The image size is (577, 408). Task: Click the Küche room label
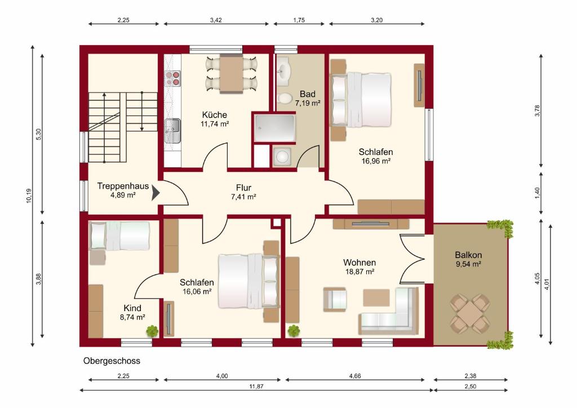[x=214, y=115]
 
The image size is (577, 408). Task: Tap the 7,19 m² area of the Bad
[x=307, y=103]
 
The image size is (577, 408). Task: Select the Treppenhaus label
[x=123, y=186]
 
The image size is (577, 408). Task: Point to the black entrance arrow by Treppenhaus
[x=156, y=193]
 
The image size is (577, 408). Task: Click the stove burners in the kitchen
[x=172, y=78]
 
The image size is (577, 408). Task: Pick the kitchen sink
[x=172, y=131]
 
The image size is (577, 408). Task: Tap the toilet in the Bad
[x=284, y=99]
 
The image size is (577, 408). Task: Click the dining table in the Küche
[x=232, y=74]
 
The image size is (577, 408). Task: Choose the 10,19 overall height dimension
[x=29, y=196]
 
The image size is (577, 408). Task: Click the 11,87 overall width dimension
[x=256, y=386]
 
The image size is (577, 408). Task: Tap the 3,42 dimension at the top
[x=216, y=20]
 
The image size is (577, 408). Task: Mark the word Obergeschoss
[x=112, y=361]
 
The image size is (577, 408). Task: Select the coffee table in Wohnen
[x=376, y=298]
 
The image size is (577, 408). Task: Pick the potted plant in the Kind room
[x=152, y=331]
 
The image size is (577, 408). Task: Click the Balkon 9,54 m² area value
[x=468, y=264]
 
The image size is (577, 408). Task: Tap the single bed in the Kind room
[x=119, y=236]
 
